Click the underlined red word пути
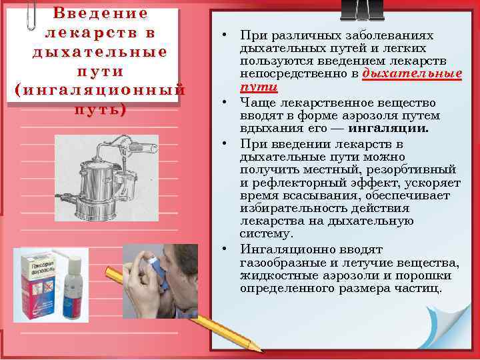[x=259, y=88]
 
